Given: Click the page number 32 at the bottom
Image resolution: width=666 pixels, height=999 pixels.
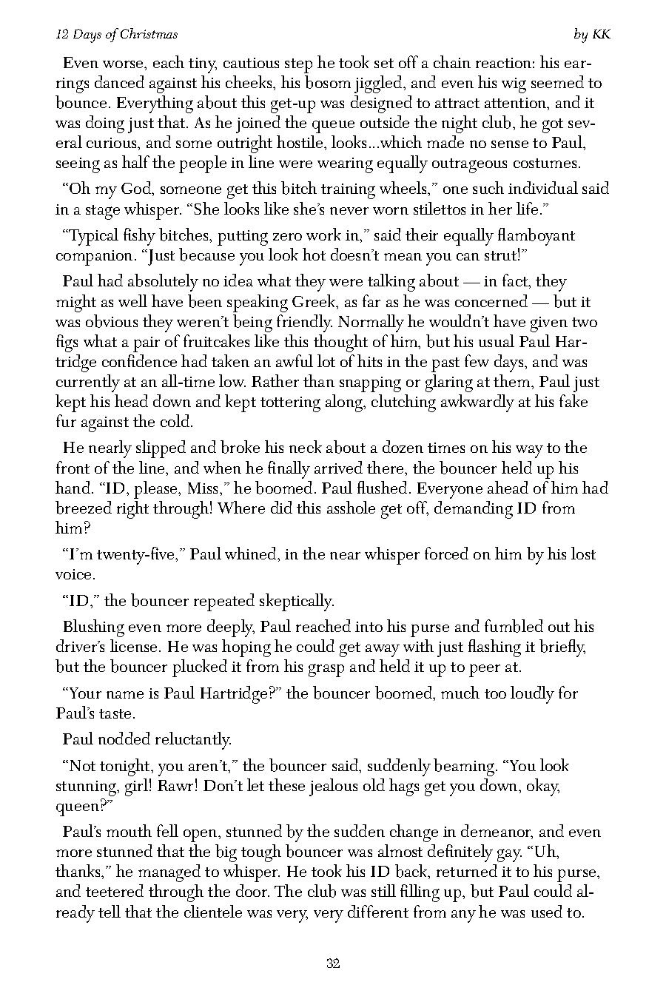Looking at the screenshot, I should [x=332, y=963].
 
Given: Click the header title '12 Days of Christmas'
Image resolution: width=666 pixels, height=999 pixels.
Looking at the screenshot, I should [x=117, y=34].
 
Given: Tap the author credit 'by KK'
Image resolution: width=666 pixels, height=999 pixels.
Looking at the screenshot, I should [x=592, y=34].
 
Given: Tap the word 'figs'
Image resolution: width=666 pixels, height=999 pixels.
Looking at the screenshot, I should [x=68, y=342].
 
